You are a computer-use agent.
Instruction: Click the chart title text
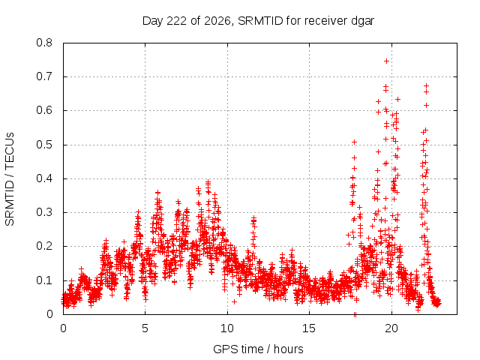pyautogui.click(x=258, y=21)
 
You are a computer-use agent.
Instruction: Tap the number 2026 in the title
pyautogui.click(x=217, y=21)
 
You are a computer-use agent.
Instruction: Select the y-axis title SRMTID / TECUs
pyautogui.click(x=10, y=179)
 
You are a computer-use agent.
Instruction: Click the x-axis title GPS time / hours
pyautogui.click(x=258, y=349)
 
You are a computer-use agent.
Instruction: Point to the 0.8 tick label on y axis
pyautogui.click(x=44, y=43)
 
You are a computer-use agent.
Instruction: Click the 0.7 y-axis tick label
pyautogui.click(x=44, y=76)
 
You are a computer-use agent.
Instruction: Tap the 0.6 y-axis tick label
pyautogui.click(x=44, y=110)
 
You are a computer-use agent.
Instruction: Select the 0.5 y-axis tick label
pyautogui.click(x=44, y=145)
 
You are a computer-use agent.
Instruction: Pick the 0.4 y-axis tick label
pyautogui.click(x=44, y=178)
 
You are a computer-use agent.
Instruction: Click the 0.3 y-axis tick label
pyautogui.click(x=44, y=212)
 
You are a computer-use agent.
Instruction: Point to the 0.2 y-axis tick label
pyautogui.click(x=44, y=246)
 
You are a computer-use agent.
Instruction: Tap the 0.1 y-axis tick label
pyautogui.click(x=44, y=280)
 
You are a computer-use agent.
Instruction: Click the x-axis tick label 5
pyautogui.click(x=145, y=328)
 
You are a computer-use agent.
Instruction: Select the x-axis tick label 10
pyautogui.click(x=227, y=328)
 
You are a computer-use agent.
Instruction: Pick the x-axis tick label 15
pyautogui.click(x=309, y=328)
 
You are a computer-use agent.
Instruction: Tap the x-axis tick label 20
pyautogui.click(x=391, y=328)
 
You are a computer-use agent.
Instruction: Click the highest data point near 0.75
pyautogui.click(x=387, y=61)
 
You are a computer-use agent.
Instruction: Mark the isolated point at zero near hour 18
pyautogui.click(x=355, y=314)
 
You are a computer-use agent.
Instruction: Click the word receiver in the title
pyautogui.click(x=326, y=21)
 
